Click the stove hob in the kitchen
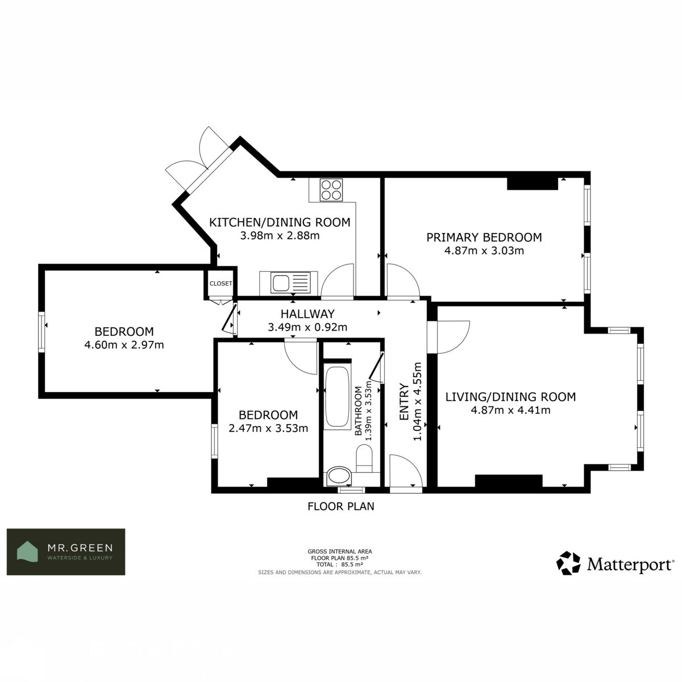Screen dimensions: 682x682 tap(331, 190)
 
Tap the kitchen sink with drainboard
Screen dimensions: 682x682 tap(290, 282)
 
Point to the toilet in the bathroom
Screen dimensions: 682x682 tap(364, 458)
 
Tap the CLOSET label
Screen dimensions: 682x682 tap(221, 284)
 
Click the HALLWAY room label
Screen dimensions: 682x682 tap(307, 314)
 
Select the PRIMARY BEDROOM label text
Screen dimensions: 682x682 tap(484, 238)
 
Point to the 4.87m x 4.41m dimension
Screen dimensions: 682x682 tap(510, 410)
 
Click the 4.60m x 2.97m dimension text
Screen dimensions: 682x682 tap(124, 345)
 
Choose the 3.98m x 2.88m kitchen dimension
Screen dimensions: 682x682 tap(280, 236)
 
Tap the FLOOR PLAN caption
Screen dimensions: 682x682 tap(341, 506)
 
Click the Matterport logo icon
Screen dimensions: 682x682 tap(568, 563)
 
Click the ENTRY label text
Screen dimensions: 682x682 tap(404, 402)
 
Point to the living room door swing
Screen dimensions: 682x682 tap(454, 337)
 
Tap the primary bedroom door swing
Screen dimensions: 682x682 tap(404, 280)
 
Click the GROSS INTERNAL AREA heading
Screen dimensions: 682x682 tap(340, 551)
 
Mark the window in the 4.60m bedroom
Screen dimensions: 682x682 tap(41, 332)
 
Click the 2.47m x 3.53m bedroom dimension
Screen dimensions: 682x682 tap(268, 429)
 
